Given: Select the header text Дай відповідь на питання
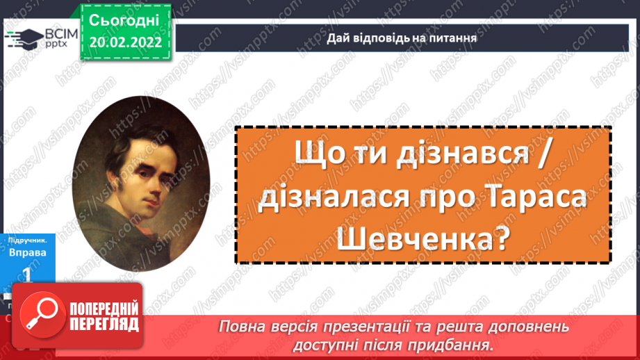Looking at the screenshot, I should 402,38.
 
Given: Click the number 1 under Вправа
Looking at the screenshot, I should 27,275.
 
